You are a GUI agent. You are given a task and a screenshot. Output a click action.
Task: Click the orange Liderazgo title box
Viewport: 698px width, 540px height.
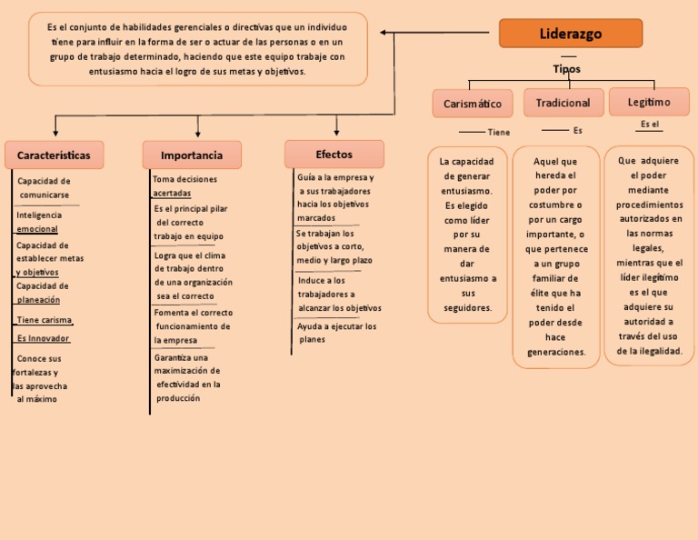click(571, 34)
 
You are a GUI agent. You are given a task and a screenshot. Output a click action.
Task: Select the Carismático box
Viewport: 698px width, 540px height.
click(473, 104)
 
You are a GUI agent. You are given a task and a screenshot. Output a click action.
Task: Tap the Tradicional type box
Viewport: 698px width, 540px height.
click(563, 103)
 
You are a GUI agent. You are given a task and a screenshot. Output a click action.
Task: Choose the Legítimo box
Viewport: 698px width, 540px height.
click(648, 102)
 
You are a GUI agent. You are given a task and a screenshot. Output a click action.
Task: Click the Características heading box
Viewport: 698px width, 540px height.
click(54, 155)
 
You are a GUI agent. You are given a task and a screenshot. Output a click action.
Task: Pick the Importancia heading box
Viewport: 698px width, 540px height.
click(192, 155)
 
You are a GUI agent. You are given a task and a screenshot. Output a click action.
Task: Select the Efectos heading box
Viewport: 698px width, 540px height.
click(334, 155)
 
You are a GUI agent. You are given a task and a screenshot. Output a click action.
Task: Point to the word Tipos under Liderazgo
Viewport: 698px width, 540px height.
click(566, 69)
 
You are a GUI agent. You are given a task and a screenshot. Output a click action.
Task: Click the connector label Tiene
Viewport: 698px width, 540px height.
click(499, 133)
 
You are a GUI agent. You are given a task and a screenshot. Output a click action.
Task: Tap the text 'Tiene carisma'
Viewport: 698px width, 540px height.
click(44, 320)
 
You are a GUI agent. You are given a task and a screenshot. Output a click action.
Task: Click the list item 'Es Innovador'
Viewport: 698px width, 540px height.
click(43, 338)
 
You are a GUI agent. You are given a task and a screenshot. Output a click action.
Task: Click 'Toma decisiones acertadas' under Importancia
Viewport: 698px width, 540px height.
click(184, 186)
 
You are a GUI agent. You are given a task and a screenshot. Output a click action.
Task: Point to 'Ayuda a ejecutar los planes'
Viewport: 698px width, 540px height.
click(336, 333)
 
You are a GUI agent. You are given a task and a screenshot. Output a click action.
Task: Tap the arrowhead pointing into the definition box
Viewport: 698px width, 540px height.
click(384, 34)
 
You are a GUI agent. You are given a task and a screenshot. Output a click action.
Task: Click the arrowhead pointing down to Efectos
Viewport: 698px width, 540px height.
click(336, 132)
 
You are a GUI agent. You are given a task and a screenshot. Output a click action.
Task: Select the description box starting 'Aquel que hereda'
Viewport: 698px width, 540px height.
click(556, 256)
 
